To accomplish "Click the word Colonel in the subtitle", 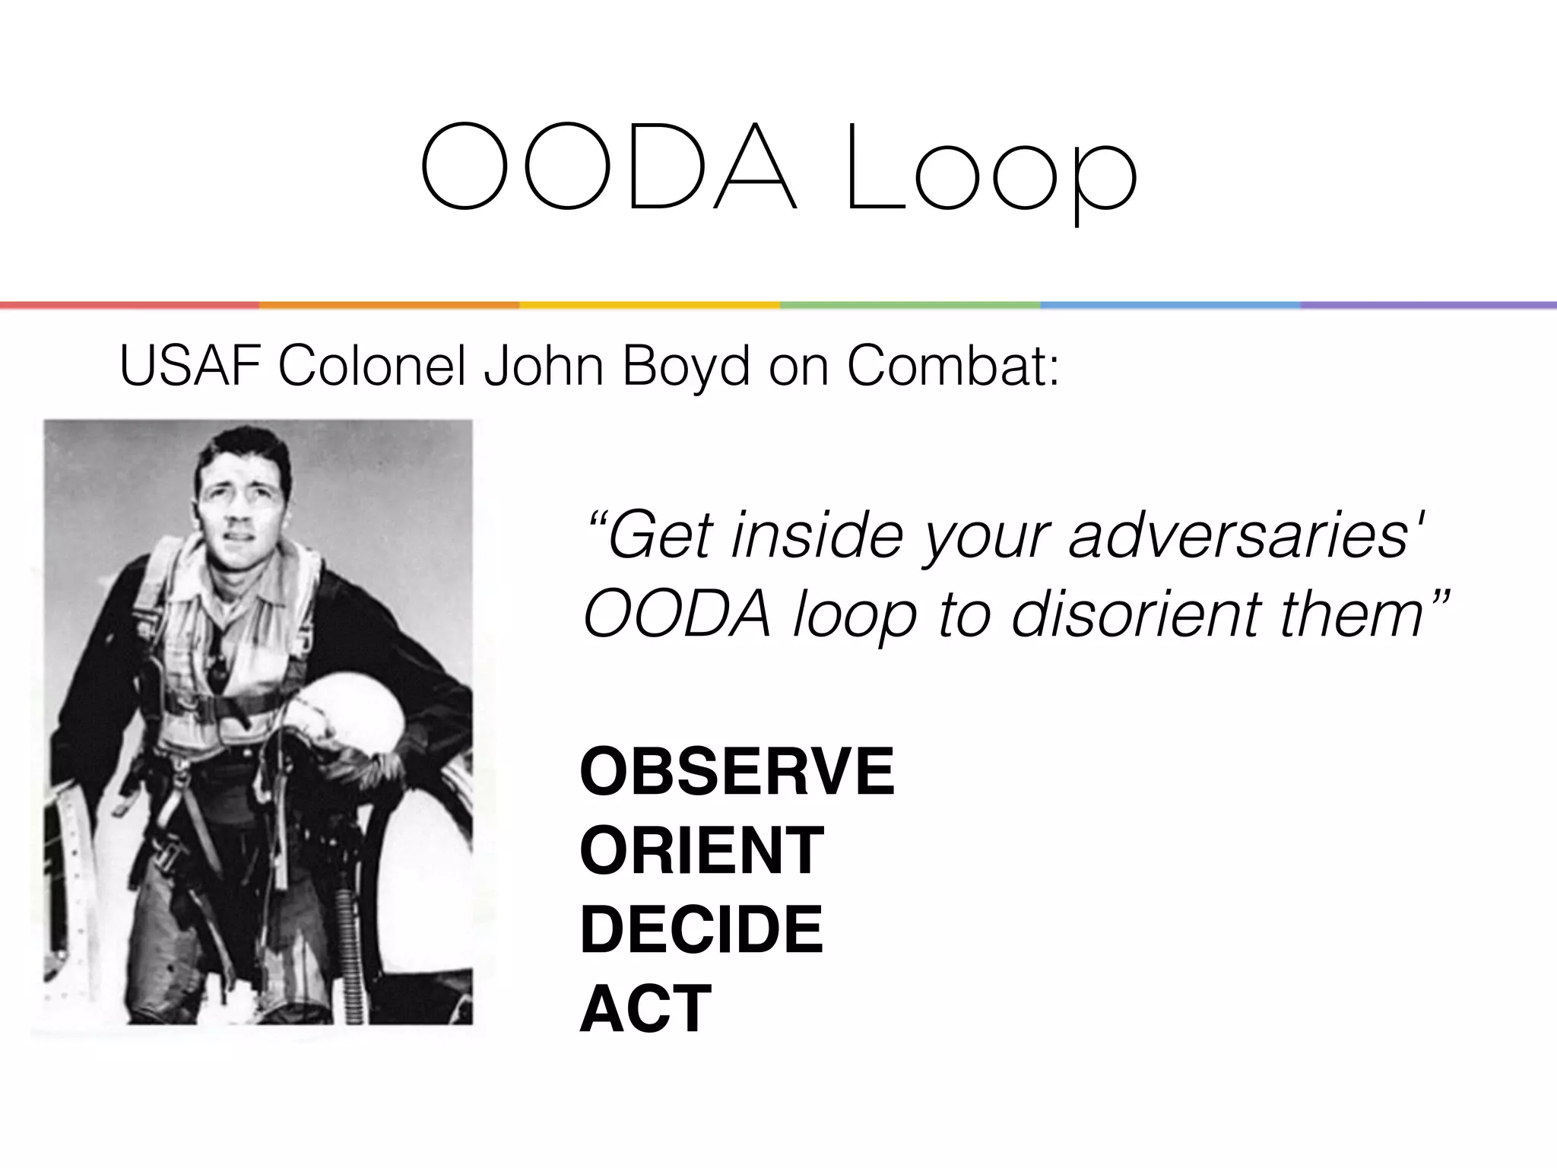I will pos(372,366).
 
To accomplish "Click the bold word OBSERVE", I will pos(737,771).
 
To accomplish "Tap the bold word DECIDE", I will pos(702,928).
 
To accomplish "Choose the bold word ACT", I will pos(645,1008).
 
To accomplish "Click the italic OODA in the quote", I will pos(677,614).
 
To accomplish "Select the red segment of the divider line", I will pos(129,305).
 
